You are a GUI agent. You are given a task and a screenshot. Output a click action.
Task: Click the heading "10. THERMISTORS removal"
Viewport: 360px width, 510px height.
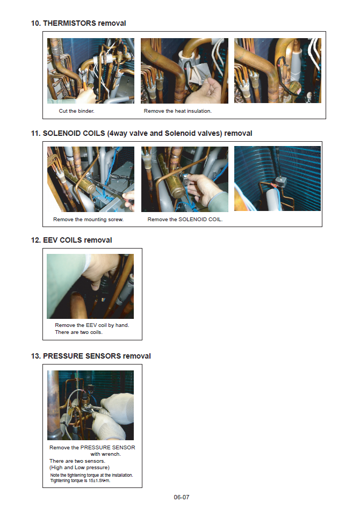(78, 23)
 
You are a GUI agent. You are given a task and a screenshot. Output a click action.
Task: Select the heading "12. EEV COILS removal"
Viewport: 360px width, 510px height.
(71, 240)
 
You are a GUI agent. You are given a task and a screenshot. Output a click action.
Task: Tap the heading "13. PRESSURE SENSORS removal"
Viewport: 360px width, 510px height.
(91, 356)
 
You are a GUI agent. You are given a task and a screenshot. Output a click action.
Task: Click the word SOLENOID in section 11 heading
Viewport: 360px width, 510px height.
(74, 133)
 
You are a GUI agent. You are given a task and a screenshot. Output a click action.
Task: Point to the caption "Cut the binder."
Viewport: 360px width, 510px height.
(76, 111)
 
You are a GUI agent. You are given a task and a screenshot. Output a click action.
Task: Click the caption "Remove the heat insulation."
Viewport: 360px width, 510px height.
(178, 111)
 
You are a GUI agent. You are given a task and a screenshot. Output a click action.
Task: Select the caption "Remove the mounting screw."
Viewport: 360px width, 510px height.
(88, 220)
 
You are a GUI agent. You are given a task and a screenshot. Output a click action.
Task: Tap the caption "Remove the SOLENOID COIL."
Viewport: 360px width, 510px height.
(185, 220)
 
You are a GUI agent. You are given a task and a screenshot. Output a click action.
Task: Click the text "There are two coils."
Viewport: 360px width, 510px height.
(79, 332)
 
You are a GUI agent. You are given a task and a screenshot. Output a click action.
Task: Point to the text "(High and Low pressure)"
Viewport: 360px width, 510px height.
(80, 468)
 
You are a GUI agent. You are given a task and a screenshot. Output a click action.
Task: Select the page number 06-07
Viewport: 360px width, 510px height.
(181, 497)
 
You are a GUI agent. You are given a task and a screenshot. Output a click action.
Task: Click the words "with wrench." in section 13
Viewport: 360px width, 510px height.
(105, 454)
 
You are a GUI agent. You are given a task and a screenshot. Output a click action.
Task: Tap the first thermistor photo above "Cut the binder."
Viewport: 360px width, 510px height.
(90, 70)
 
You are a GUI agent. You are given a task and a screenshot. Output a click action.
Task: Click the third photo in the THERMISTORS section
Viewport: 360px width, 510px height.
(278, 70)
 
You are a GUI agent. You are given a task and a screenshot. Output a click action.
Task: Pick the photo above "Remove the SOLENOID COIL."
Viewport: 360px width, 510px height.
(184, 179)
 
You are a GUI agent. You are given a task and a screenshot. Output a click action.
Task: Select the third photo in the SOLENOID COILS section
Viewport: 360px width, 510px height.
(277, 178)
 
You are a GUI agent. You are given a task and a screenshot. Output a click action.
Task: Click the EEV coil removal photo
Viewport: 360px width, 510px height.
(90, 286)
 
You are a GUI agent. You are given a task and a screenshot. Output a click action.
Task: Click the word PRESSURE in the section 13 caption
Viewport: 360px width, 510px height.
(95, 448)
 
